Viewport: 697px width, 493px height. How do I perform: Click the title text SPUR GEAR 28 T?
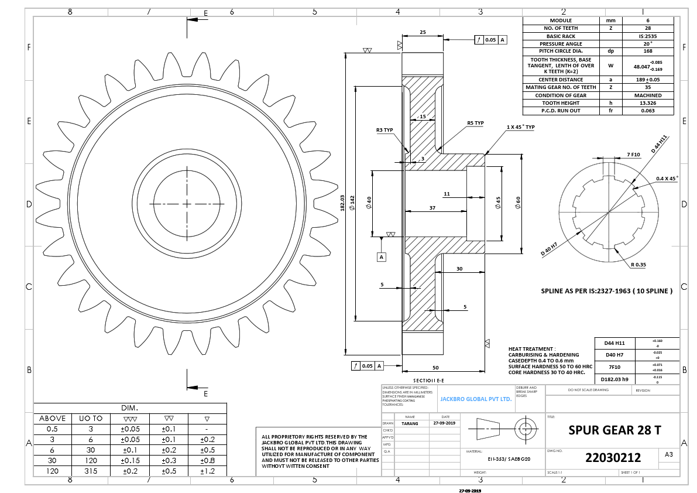614,430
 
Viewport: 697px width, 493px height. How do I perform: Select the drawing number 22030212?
613,457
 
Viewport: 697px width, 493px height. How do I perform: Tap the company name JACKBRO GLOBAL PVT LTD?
476,398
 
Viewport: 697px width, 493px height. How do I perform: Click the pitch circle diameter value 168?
647,51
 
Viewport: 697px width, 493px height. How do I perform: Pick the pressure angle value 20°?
647,43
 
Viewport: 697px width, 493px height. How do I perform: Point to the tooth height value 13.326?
647,102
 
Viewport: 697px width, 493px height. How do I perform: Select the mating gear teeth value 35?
647,87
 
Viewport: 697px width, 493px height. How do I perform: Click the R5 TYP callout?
475,124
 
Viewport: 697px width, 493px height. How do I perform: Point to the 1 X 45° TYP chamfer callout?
520,127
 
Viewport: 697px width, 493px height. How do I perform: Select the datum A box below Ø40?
381,256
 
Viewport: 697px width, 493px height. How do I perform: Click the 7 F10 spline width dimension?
634,154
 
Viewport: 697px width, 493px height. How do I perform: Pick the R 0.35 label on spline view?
638,265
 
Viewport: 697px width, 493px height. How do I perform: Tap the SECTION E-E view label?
428,380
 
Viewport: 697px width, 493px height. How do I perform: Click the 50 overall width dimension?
435,367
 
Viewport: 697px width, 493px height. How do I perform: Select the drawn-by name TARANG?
410,423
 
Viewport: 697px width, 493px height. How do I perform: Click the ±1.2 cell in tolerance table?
207,470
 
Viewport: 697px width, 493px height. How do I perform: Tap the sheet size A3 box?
669,454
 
